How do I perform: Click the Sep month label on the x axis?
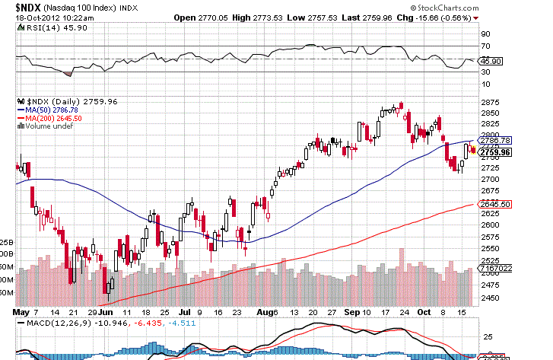(x=351, y=313)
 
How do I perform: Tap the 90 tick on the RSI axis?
(x=484, y=33)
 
